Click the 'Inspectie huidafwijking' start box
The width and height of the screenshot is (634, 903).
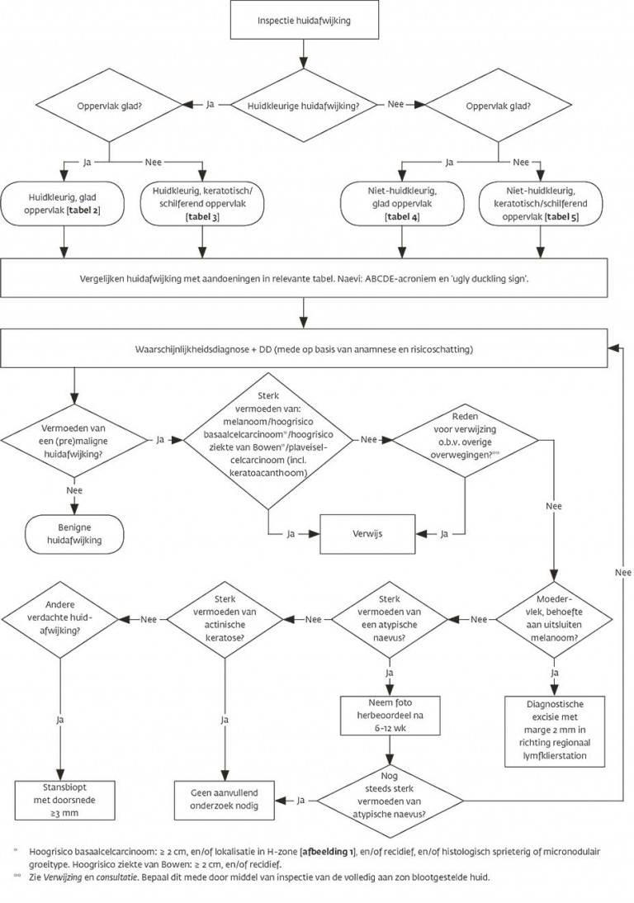[304, 21]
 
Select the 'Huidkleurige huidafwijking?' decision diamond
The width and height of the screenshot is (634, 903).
[303, 106]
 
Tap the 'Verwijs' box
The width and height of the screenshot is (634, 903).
[367, 534]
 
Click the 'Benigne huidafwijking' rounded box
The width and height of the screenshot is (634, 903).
[73, 534]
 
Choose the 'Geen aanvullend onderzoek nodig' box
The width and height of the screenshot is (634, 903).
[224, 800]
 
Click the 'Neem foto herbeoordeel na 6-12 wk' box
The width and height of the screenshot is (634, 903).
[390, 716]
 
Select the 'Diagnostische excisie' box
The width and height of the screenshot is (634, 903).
[555, 730]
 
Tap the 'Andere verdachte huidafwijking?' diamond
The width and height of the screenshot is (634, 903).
[60, 619]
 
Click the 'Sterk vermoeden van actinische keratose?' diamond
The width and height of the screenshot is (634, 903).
[225, 619]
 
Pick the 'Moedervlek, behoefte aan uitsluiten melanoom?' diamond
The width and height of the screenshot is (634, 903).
[555, 619]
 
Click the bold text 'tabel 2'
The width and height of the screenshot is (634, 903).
[83, 210]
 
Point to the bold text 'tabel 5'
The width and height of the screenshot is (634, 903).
[563, 216]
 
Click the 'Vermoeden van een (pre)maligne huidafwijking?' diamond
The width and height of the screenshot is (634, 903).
[74, 441]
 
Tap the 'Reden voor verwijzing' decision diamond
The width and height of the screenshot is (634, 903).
[466, 441]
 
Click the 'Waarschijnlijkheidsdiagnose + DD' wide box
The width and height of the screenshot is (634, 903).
[304, 348]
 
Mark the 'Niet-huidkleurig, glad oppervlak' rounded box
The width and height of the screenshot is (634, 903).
[402, 204]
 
